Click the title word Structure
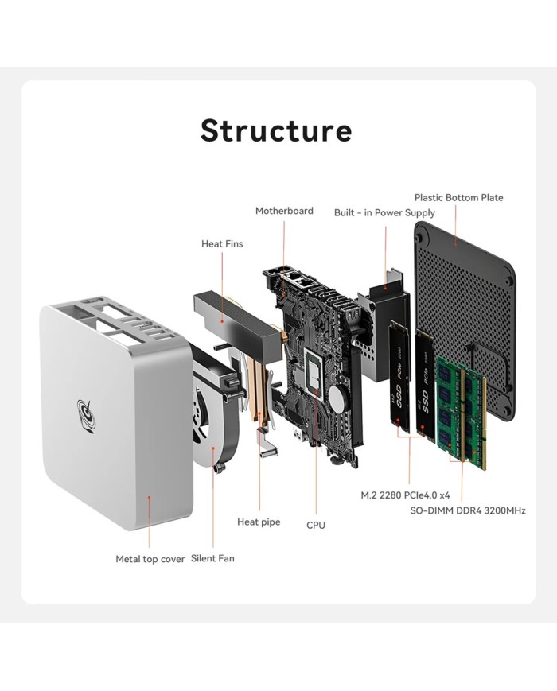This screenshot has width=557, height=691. point(275,130)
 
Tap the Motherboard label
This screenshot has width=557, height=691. point(284,211)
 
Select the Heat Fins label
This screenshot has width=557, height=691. point(222,243)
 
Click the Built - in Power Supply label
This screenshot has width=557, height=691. point(384,212)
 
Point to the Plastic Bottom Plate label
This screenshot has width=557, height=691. point(458,197)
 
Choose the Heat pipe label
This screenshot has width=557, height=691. point(259,522)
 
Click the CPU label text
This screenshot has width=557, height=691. point(316,525)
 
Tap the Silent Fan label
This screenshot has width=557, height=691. point(212,558)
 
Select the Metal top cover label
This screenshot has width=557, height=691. point(150,559)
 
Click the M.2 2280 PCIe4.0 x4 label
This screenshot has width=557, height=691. point(411,495)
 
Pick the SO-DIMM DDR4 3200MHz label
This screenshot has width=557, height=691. point(467,510)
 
